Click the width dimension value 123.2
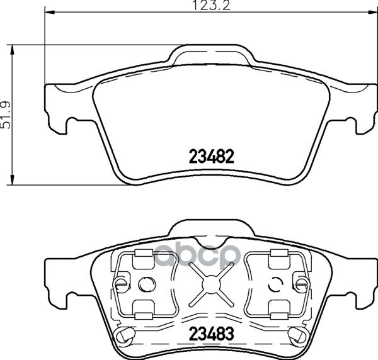tap(212, 6)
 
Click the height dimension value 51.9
tap(6, 115)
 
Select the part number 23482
tap(212, 156)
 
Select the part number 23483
tap(212, 334)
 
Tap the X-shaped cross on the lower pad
tap(212, 284)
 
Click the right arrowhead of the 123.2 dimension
tap(372, 11)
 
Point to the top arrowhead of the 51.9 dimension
tap(11, 50)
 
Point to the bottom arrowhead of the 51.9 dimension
tap(11, 179)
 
